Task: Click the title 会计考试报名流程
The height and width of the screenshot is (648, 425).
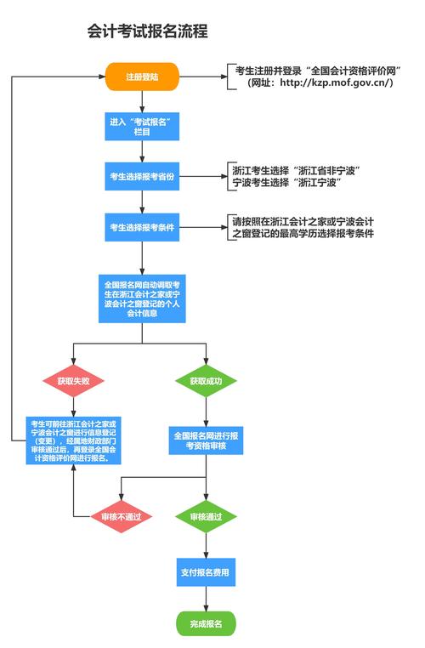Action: [x=147, y=31]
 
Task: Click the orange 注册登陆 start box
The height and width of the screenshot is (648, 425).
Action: [x=143, y=77]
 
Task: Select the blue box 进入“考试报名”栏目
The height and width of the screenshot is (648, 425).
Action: [x=142, y=127]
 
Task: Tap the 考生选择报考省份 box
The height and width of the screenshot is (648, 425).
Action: [x=142, y=177]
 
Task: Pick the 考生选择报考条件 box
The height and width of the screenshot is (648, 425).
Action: [x=142, y=227]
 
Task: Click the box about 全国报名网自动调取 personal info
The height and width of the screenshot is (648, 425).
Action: [x=142, y=298]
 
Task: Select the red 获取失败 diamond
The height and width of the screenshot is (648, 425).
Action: [x=72, y=381]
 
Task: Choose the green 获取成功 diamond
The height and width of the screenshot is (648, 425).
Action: [x=206, y=381]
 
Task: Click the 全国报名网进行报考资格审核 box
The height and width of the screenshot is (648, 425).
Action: [x=206, y=440]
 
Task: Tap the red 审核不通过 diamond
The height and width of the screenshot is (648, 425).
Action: [x=121, y=516]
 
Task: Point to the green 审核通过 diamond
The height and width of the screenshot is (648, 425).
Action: [x=206, y=516]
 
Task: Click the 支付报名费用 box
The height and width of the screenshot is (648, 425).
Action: [x=206, y=572]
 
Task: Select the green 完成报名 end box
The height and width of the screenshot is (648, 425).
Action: [x=206, y=623]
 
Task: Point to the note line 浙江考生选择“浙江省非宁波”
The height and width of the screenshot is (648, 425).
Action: [x=297, y=171]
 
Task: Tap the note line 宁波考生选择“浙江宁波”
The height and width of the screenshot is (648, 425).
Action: [x=286, y=183]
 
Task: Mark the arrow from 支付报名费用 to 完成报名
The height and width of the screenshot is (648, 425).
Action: [x=206, y=599]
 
